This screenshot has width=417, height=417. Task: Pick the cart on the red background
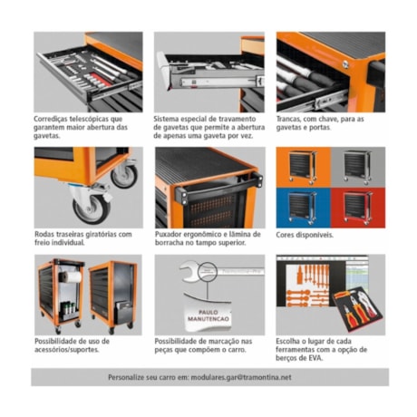[357, 203]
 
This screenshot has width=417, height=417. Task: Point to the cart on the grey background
[357, 167]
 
